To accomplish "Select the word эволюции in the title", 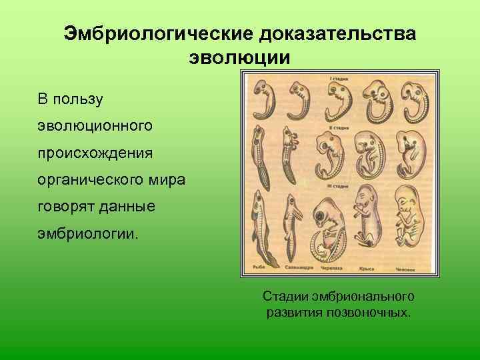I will click(240, 57).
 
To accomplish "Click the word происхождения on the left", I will click(95, 153).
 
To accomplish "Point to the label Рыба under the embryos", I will click(259, 267).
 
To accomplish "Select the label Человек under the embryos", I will click(406, 267).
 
